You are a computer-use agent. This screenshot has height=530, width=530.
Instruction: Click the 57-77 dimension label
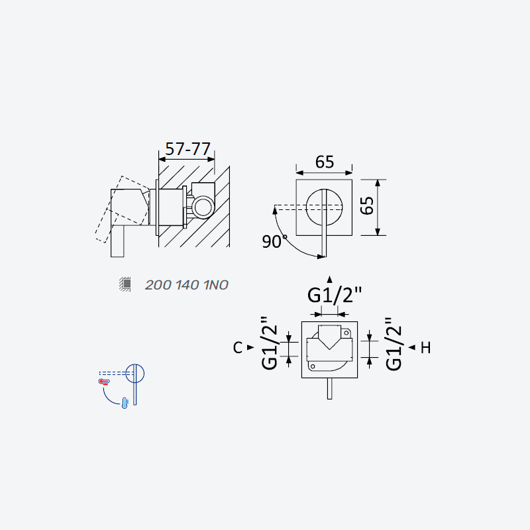[188, 149]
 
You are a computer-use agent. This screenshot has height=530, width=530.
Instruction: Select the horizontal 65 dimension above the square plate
[325, 162]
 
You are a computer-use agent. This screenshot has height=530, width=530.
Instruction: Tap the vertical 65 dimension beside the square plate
[367, 205]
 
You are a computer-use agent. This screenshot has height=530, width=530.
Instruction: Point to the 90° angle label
[274, 241]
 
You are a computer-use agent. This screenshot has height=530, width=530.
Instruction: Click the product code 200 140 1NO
[187, 285]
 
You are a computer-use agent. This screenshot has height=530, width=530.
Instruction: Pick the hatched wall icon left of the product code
[125, 284]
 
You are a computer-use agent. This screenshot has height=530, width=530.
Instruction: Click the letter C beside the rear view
[238, 347]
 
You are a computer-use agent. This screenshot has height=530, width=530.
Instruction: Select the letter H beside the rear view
[425, 347]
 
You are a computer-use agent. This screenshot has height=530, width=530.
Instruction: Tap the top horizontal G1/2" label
[335, 295]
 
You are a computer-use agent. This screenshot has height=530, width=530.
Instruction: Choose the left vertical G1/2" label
[270, 343]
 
